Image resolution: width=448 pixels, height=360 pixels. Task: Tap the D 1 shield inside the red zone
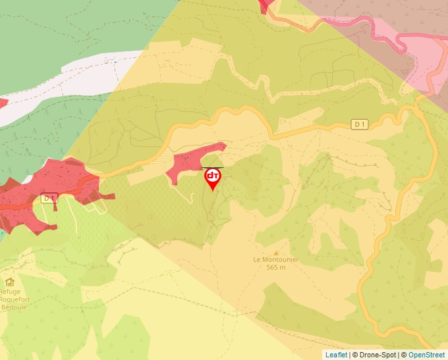click(49, 197)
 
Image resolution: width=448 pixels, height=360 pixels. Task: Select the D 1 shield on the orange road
click(359, 124)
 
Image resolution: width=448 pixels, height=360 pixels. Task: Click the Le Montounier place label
click(276, 259)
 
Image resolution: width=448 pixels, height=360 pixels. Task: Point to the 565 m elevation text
click(276, 267)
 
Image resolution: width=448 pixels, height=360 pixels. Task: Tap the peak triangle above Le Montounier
click(276, 252)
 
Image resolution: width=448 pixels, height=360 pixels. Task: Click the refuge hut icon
click(9, 282)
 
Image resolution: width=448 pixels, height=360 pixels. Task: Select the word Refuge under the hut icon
click(10, 292)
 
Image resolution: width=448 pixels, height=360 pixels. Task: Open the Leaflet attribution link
click(336, 355)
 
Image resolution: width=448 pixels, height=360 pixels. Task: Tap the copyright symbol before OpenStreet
click(403, 355)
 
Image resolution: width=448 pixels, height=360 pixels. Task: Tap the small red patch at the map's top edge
click(267, 5)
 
